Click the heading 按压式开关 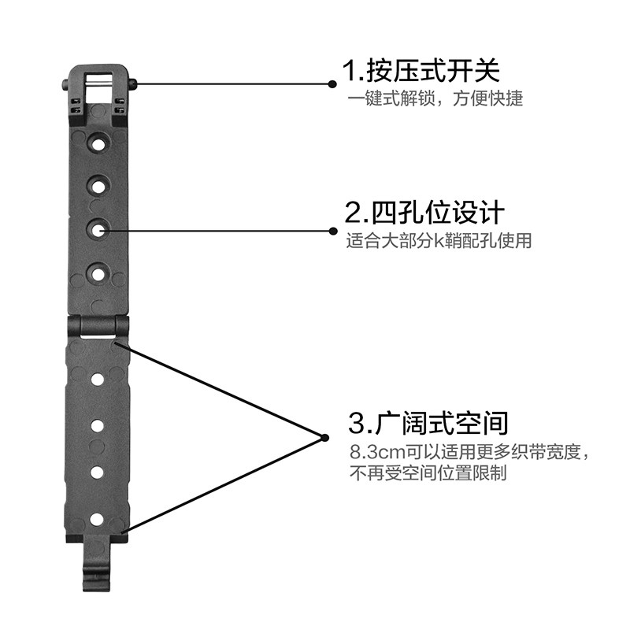421,72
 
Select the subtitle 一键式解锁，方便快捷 435,101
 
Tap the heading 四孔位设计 424,213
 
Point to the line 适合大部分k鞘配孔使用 439,241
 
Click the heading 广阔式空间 428,423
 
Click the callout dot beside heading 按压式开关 332,83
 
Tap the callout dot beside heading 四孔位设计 332,231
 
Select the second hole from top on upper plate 98,187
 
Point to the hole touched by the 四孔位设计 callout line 98,230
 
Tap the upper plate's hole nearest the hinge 98,274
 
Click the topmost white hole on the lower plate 98,380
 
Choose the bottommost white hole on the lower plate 97,519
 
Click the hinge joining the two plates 98,325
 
